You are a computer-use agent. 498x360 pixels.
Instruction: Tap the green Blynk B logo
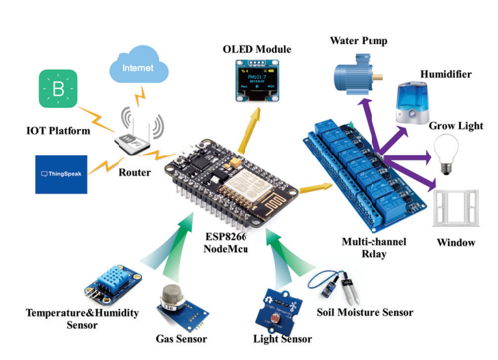coord(59,90)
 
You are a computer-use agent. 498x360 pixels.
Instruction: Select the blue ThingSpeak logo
coord(61,174)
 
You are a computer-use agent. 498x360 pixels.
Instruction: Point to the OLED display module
coord(259,81)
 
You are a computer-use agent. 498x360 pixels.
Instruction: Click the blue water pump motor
coord(356,75)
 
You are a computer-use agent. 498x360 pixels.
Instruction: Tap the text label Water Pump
coord(358,41)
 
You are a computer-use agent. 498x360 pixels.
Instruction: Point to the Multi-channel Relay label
coord(374,248)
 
